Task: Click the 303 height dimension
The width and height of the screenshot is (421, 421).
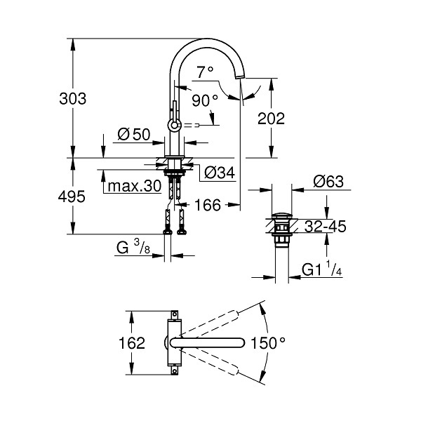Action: pos(73,98)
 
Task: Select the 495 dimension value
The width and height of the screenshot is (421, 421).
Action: pos(72,196)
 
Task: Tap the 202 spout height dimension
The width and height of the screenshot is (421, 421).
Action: pos(271,119)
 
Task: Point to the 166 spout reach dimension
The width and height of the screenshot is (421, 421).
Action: pos(207,205)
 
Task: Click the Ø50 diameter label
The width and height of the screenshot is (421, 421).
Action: pos(134,134)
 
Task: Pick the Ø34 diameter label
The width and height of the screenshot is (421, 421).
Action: pos(220,173)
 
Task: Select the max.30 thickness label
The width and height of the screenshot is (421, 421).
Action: pos(134,186)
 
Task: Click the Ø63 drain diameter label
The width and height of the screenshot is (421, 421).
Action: pos(328,182)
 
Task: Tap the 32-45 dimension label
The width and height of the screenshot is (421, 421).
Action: pos(325,227)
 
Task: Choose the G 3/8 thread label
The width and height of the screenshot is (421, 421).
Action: pos(133,247)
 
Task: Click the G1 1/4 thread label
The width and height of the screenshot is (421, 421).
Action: pos(321,269)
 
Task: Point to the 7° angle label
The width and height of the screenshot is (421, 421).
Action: pos(205,72)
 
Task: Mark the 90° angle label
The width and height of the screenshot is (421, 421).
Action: pos(205,100)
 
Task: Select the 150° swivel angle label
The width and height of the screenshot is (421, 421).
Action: pos(268,343)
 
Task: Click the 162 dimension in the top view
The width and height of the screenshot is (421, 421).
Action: pos(132,343)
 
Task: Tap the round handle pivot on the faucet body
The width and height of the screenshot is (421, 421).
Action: pos(174,125)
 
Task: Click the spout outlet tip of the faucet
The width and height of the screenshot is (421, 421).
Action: pos(239,77)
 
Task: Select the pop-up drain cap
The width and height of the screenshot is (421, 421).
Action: pos(281,215)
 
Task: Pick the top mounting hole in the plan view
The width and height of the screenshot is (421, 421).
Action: pos(175,314)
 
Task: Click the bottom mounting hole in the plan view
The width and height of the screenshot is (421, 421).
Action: pos(175,371)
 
